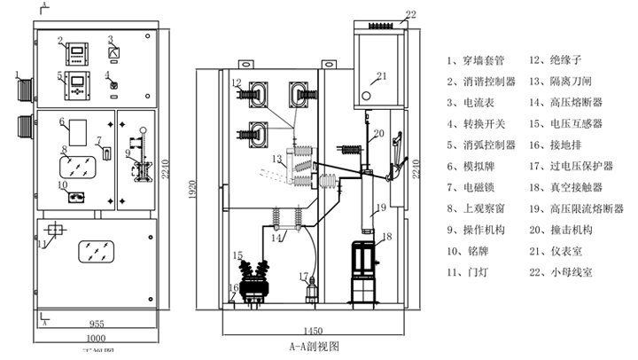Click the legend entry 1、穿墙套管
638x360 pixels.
(478, 60)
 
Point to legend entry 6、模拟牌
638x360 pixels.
(473, 167)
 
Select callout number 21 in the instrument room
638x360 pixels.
(382, 75)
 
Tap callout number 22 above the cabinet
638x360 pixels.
(410, 14)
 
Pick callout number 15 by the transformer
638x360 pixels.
(237, 255)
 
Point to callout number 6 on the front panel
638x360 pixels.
(63, 121)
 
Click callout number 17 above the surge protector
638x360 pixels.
(301, 276)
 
